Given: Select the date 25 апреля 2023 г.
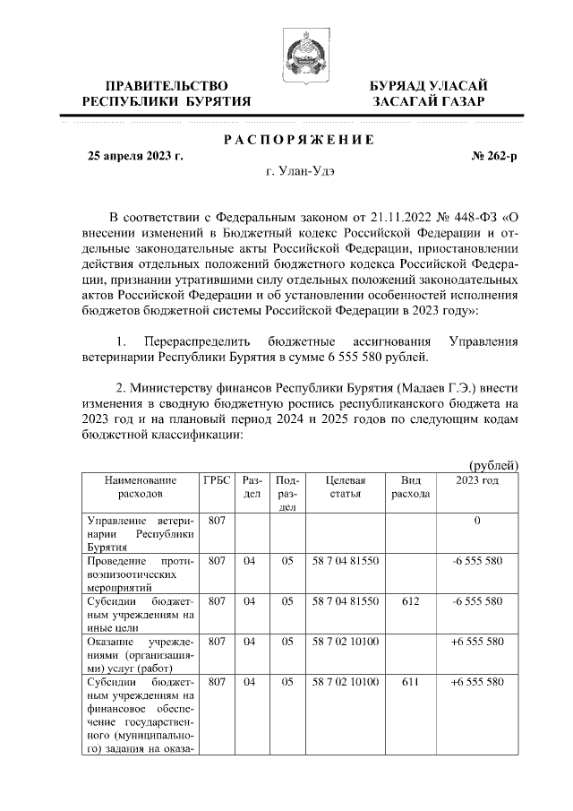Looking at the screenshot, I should click(134, 156).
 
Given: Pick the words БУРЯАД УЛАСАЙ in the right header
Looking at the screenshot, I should click(429, 85).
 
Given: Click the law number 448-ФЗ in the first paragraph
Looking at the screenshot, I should click(472, 217).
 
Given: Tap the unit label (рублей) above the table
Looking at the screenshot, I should click(494, 464).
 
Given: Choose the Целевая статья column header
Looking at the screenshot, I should click(345, 487).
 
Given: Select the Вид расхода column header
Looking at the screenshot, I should click(410, 487).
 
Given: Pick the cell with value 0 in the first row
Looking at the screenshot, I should click(477, 521).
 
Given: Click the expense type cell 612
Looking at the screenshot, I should click(410, 601).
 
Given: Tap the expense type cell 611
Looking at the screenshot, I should click(410, 682).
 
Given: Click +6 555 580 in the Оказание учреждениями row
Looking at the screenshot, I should click(477, 642).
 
